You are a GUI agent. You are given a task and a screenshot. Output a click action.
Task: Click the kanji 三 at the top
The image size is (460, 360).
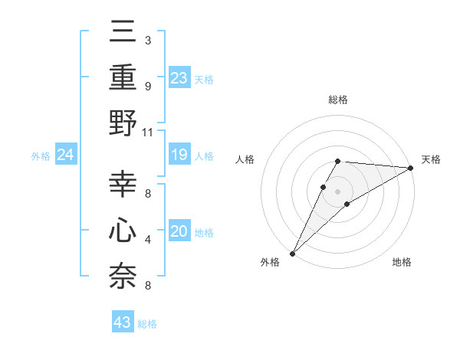[123, 34]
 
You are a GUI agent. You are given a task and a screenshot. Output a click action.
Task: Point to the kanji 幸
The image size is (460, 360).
[123, 185]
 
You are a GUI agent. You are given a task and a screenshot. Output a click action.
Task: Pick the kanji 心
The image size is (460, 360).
[123, 231]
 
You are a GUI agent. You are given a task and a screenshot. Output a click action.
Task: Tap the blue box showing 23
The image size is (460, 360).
[179, 78]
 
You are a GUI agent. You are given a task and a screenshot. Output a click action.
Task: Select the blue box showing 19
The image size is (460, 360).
[179, 155]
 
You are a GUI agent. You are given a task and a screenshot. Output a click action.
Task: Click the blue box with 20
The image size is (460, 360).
[179, 232]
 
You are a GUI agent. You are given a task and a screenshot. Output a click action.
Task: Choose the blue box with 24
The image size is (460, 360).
[66, 155]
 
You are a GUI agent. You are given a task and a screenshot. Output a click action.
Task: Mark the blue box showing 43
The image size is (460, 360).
[123, 323]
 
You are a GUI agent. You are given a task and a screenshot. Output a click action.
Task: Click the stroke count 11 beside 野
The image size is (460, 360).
[148, 132]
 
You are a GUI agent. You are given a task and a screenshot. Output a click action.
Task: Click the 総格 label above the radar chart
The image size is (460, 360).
[338, 100]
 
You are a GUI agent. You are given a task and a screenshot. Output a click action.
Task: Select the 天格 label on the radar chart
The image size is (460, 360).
[431, 159]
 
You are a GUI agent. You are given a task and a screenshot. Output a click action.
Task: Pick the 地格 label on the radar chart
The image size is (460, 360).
[402, 262]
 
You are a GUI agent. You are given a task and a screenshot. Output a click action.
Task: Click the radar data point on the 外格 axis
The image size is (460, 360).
[293, 253]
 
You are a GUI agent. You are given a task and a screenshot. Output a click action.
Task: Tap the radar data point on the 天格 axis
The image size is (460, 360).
[411, 168]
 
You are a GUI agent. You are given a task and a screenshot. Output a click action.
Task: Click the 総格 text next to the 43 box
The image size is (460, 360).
[147, 324]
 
